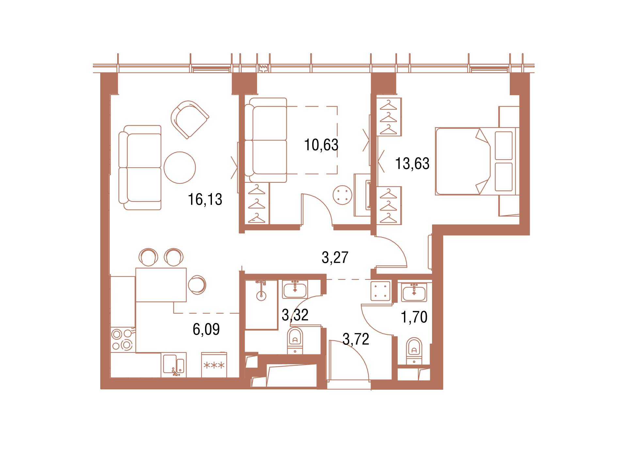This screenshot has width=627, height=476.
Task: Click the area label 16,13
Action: pos(205,199)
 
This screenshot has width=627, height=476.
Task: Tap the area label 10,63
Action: pos(321,145)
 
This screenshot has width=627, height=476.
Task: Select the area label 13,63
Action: pos(412,163)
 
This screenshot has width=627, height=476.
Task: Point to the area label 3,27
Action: pos(335,257)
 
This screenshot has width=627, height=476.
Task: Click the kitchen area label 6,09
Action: pos(206,329)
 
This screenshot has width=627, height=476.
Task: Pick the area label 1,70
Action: pos(414,317)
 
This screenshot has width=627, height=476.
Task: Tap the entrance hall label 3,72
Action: pos(356,339)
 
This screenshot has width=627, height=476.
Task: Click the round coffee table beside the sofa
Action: pos(180,167)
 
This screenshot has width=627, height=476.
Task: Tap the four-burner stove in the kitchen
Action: pos(122,340)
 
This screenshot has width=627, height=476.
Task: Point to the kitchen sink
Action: pos(174,365)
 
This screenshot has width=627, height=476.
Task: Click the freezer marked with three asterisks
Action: pos(214,365)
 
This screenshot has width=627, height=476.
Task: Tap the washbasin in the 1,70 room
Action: pos(414,292)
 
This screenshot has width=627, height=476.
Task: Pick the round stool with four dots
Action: pos(343,195)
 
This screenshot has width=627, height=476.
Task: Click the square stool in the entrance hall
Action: pos(380,291)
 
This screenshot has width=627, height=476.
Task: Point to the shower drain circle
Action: pos(261,296)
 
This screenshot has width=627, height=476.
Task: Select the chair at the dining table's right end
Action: pos(197,285)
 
